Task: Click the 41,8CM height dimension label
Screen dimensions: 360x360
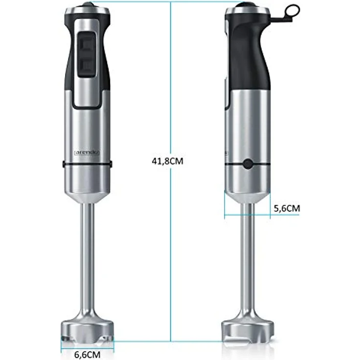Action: click(x=168, y=160)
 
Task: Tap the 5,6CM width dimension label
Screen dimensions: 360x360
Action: click(x=286, y=208)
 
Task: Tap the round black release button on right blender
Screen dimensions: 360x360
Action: click(x=247, y=164)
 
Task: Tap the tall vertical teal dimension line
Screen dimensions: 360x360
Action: click(x=170, y=245)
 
